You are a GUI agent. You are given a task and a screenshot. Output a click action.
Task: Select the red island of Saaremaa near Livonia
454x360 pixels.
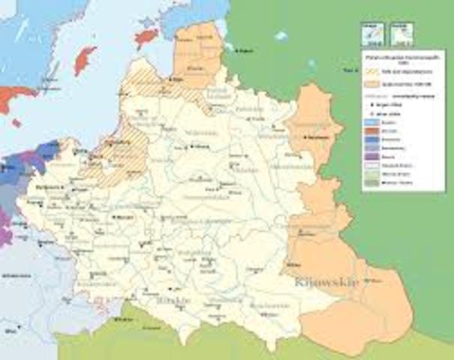pyautogui.click(x=147, y=36)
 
